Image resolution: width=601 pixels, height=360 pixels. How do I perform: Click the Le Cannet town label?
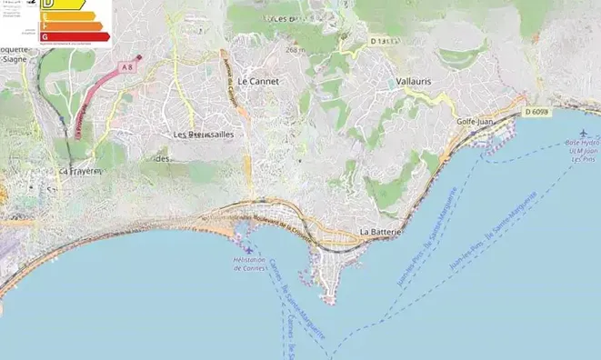coord(257,81)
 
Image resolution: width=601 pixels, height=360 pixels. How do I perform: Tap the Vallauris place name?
coord(414,82)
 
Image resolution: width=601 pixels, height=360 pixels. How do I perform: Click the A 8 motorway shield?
coord(128,66)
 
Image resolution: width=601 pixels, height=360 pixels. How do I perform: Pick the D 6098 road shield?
coord(537,112)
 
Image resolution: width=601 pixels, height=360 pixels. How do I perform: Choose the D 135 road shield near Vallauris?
coord(385,41)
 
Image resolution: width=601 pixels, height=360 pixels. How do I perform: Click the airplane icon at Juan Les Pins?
coord(583,134)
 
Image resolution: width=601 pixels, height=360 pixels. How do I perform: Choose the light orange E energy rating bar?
coord(67,15)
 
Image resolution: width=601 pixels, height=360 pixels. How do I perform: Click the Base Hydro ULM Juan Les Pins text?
coord(582,151)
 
